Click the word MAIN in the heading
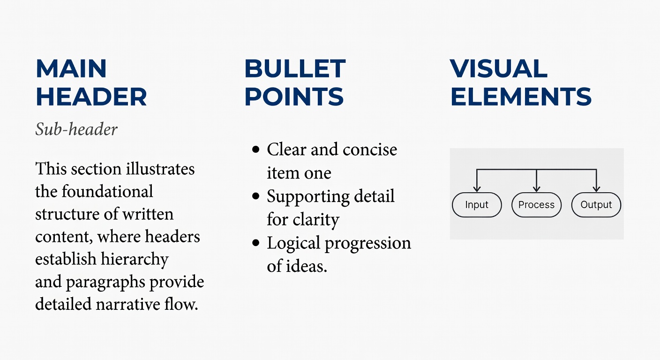point(71,68)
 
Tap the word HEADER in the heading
point(91,97)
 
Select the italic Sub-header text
point(76,129)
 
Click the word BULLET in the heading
point(295,68)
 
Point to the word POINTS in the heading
point(294,97)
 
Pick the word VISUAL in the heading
point(499,68)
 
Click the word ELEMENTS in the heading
point(521,97)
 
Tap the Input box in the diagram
point(477,205)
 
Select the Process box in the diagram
point(537,205)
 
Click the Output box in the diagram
point(596,205)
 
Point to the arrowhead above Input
point(477,188)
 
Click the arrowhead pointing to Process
point(537,188)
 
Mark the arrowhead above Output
point(596,188)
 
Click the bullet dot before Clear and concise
point(256,150)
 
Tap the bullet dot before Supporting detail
point(256,196)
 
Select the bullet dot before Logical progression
point(256,243)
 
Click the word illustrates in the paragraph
point(160,169)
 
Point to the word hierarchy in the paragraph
point(135,260)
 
